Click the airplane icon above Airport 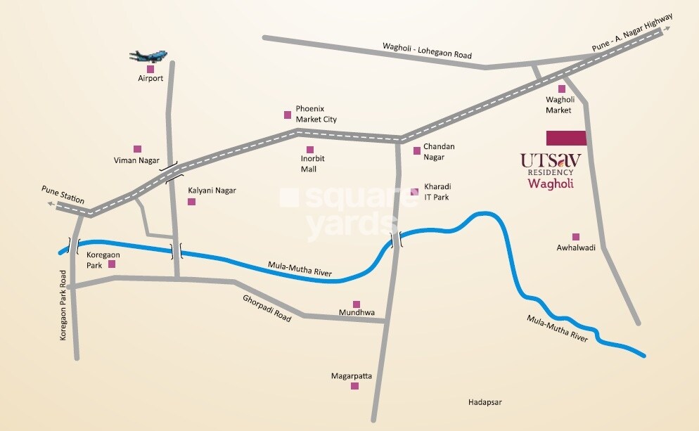tap(148, 56)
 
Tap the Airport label tap(150, 79)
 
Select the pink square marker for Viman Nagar tap(137, 149)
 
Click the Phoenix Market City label tap(316, 114)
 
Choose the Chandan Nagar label tap(439, 151)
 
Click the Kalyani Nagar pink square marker tap(191, 202)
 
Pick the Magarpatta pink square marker tap(352, 387)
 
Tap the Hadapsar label tap(486, 402)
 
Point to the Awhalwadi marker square tap(576, 237)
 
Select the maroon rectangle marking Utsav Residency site tap(566, 138)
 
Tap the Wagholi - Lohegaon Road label tap(427, 51)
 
